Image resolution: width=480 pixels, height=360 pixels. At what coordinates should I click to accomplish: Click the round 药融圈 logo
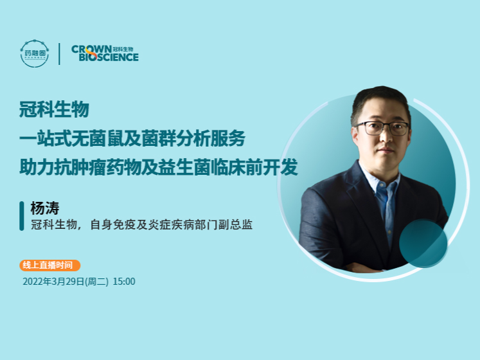coord(34,53)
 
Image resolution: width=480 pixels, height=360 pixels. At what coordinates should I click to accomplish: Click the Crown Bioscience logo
coord(105,53)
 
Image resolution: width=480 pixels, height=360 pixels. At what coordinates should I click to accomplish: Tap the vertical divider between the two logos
coord(60,53)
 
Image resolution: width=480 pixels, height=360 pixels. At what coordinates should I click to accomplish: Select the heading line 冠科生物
coord(54,109)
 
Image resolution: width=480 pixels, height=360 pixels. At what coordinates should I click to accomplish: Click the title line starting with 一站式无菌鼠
coord(132,139)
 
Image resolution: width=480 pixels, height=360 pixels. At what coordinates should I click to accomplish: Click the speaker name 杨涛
coord(44,208)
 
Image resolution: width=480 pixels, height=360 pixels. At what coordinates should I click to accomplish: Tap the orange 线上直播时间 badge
coord(49,265)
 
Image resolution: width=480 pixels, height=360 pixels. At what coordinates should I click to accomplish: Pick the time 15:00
coord(124,281)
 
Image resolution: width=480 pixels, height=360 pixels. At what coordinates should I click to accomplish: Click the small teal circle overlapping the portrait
coord(423,243)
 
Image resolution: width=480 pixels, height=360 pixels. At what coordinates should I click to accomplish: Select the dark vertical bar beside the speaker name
coord(23,216)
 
